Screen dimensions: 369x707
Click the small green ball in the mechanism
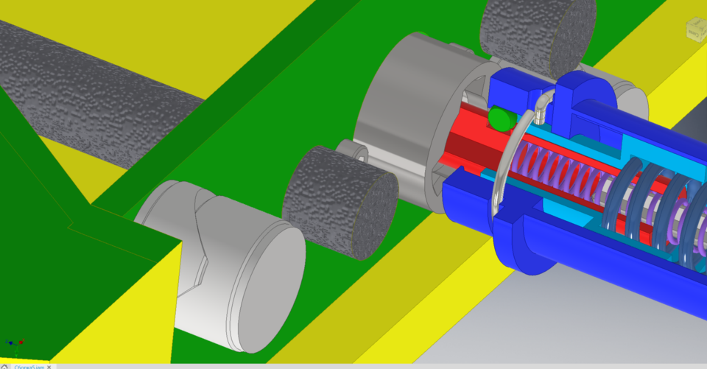500,119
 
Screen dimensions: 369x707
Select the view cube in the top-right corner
695,30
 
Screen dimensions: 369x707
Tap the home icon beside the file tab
5,366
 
